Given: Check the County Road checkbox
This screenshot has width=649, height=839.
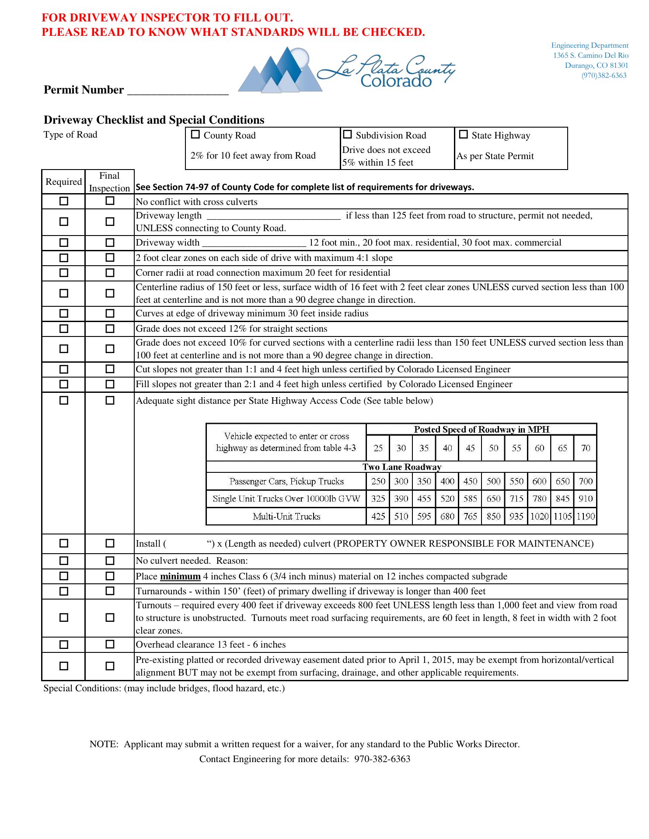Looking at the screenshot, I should point(195,135).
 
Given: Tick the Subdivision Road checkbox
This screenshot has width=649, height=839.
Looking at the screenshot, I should point(347,135).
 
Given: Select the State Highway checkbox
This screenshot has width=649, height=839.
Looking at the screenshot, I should point(463,135).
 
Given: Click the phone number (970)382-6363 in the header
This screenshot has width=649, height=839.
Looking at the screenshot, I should point(604,75).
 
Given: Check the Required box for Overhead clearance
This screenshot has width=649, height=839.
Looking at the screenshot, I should point(64,645).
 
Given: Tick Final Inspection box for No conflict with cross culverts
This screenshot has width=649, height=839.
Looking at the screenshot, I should point(110,201).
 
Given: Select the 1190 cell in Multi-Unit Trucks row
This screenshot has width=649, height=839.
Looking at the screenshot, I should point(585,517).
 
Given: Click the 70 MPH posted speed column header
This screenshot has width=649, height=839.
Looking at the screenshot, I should point(585,448).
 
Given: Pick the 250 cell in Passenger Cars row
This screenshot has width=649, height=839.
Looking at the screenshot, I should point(378,482).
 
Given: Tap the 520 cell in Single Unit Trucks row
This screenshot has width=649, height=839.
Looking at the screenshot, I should point(447,499).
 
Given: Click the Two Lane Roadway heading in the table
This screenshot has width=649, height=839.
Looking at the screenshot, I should point(401,467).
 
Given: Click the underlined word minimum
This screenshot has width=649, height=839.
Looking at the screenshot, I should point(180,576).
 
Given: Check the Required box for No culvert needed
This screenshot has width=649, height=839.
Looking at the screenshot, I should point(64,561).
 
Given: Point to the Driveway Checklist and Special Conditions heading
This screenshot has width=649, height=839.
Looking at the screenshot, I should point(154,120).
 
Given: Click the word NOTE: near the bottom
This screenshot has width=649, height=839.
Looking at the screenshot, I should point(104,744).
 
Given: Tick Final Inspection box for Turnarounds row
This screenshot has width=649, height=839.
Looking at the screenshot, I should point(110,591).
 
